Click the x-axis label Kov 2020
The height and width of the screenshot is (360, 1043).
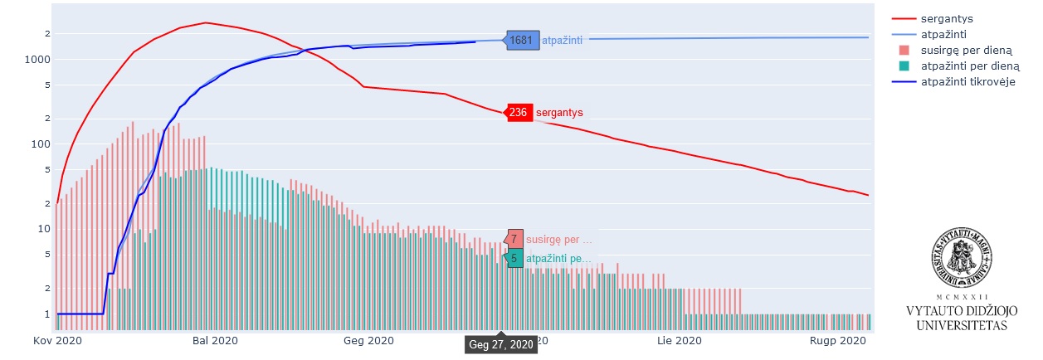[x=56, y=341]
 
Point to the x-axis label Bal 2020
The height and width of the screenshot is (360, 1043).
[x=214, y=341]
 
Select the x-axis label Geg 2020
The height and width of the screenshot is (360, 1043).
[x=368, y=341]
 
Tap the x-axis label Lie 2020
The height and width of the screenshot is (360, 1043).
[x=679, y=341]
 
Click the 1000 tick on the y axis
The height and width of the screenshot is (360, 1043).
[x=41, y=60]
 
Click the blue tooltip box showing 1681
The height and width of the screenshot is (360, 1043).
[x=521, y=40]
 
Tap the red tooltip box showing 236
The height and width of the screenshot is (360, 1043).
[x=518, y=112]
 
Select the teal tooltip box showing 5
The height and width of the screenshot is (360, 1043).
[x=514, y=258]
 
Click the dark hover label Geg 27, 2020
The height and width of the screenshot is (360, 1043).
[x=500, y=344]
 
